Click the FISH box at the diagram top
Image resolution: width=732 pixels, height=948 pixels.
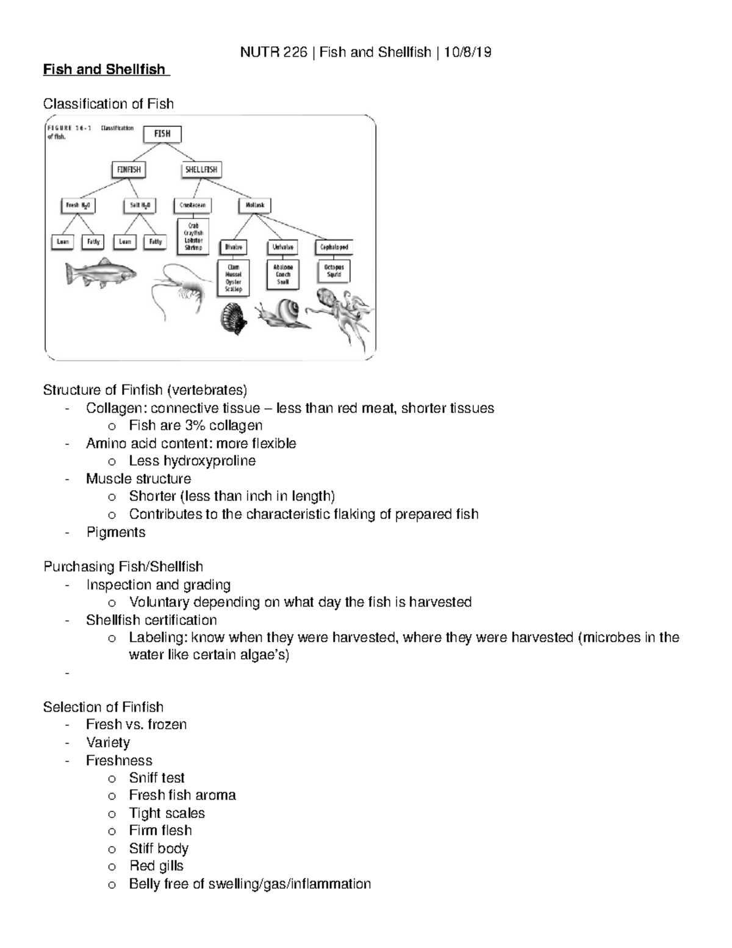pos(162,134)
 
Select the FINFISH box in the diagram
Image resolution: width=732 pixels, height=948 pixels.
pos(129,170)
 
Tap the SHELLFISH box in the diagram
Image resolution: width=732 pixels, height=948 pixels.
pos(201,170)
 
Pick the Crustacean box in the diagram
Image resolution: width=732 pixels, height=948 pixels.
pos(193,206)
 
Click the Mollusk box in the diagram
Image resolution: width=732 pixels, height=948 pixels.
pos(255,206)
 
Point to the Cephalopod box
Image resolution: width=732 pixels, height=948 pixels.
pos(334,247)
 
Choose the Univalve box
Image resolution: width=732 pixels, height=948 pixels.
pos(283,247)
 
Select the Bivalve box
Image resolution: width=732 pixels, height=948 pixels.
pos(234,247)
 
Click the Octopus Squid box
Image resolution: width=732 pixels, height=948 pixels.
pos(334,271)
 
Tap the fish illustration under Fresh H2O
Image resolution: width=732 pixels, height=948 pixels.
pos(101,273)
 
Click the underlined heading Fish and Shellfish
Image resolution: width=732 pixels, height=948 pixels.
pos(104,70)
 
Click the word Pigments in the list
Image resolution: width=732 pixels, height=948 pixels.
pos(116,532)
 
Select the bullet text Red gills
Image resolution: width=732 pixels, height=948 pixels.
pos(156,866)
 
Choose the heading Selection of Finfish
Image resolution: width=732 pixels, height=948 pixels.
pos(103,707)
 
